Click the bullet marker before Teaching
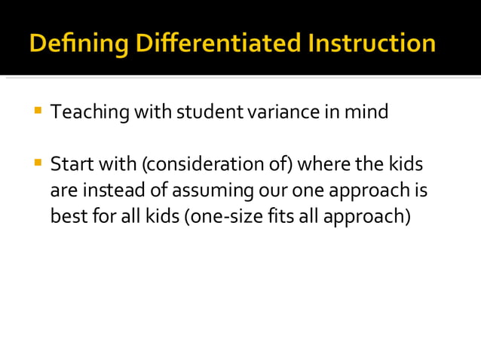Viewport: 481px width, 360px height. pyautogui.click(x=37, y=111)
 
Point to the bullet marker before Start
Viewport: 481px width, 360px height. pyautogui.click(x=37, y=162)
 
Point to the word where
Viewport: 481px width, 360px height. pyautogui.click(x=321, y=164)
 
